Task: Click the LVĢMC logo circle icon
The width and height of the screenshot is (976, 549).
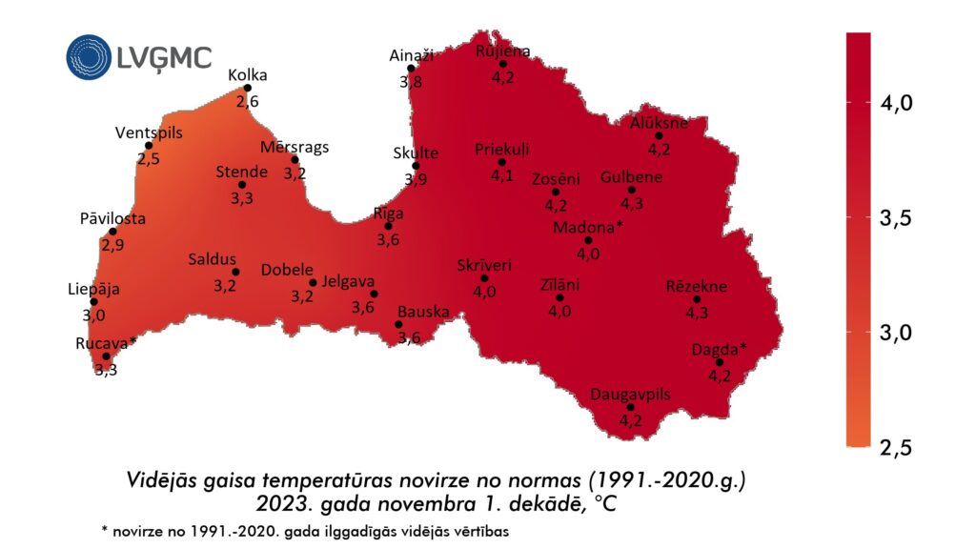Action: [x=88, y=56]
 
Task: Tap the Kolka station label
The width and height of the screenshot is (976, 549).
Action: [x=248, y=75]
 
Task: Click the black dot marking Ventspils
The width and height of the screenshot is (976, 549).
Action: [x=150, y=146]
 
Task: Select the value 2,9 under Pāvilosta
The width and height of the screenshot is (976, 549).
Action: [x=112, y=245]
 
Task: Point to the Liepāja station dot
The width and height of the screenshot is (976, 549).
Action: [x=93, y=302]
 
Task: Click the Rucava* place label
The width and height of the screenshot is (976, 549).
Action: [x=106, y=342]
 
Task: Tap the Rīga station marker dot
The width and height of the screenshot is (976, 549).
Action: [x=388, y=226]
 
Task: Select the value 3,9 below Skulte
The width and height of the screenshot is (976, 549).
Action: [x=416, y=179]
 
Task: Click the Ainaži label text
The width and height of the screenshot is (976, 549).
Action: [x=412, y=55]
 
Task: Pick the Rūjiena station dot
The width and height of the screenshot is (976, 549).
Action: [x=502, y=64]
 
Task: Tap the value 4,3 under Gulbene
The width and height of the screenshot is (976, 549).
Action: [x=631, y=203]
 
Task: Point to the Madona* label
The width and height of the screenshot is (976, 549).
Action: [x=587, y=227]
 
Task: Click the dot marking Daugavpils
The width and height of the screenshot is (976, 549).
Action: [x=630, y=407]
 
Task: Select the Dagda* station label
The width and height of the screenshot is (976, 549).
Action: [x=720, y=348]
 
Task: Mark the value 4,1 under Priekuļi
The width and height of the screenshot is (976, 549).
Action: [x=501, y=175]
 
